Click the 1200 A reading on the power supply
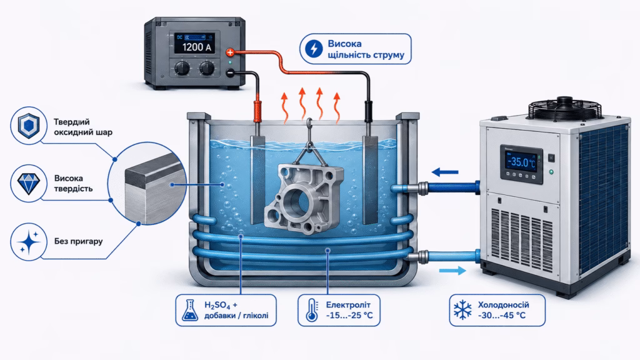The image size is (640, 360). click(197, 47)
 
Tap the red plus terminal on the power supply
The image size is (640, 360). click(230, 52)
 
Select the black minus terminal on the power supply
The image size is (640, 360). click(230, 73)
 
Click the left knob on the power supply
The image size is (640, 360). click(182, 67)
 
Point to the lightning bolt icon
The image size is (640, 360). click(314, 49)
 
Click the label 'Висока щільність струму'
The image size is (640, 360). click(366, 49)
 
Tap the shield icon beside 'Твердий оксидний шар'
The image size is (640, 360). click(29, 126)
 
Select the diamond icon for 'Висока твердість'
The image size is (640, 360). click(29, 184)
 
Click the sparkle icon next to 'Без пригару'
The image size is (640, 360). click(28, 242)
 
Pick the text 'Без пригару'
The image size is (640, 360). click(78, 241)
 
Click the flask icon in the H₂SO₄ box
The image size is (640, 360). click(190, 310)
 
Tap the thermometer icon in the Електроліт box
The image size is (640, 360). click(312, 310)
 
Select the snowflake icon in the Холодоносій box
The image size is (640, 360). click(463, 310)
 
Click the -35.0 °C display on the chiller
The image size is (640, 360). click(521, 162)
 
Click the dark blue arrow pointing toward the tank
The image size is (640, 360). click(445, 172)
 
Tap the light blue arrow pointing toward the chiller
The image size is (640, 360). click(452, 271)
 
